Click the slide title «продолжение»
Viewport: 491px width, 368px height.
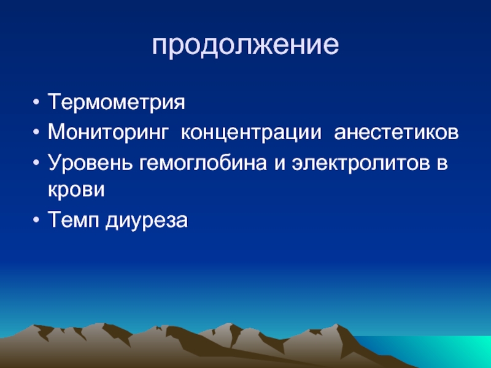click(245, 45)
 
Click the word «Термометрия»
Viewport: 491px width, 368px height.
click(117, 102)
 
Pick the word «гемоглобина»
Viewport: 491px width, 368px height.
click(203, 163)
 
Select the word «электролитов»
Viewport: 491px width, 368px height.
click(361, 163)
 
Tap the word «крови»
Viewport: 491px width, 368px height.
click(76, 190)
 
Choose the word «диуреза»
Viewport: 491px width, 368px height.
click(147, 221)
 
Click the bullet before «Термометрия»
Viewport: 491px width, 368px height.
click(36, 102)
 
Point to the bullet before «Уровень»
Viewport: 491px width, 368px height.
click(36, 163)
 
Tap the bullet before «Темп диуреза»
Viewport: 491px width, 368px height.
click(36, 221)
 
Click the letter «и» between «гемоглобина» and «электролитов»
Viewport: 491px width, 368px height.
click(280, 164)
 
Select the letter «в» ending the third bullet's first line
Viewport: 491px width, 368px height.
click(442, 164)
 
